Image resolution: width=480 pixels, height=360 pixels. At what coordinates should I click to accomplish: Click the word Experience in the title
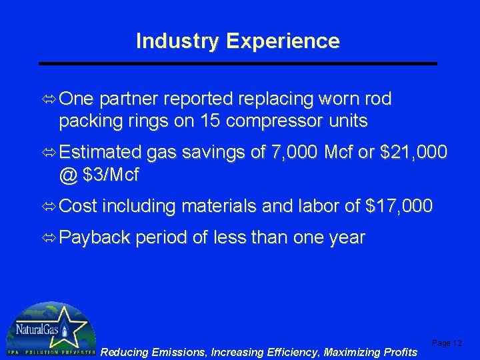coord(283,41)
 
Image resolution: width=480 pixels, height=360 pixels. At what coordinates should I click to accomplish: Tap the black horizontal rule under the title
coord(238,63)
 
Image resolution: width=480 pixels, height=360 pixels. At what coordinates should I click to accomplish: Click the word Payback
coord(95,239)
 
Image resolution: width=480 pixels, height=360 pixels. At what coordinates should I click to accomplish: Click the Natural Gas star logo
coord(50,329)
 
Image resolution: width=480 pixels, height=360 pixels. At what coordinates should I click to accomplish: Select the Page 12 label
coord(447,343)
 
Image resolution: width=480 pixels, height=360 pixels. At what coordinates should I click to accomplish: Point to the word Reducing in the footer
coord(125,352)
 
